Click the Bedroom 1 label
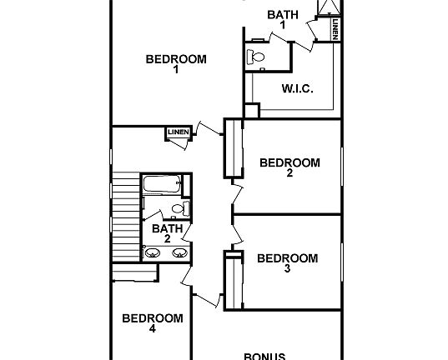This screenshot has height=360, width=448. coord(176,64)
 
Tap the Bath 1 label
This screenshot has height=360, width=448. coord(282,19)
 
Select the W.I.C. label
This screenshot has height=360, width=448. coord(297,89)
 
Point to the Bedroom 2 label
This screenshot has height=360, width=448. coord(289,167)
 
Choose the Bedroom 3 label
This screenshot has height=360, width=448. coord(287,263)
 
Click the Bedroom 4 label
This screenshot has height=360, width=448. coord(153,322)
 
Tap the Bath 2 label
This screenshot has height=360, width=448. coord(168,233)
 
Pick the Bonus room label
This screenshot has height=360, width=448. coord(264,355)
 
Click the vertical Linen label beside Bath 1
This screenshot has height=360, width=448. coord(335,30)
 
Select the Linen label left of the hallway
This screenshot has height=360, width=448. coord(178,132)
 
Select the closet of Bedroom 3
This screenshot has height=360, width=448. coord(228,280)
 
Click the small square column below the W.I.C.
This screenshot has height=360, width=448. coord(252,110)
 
